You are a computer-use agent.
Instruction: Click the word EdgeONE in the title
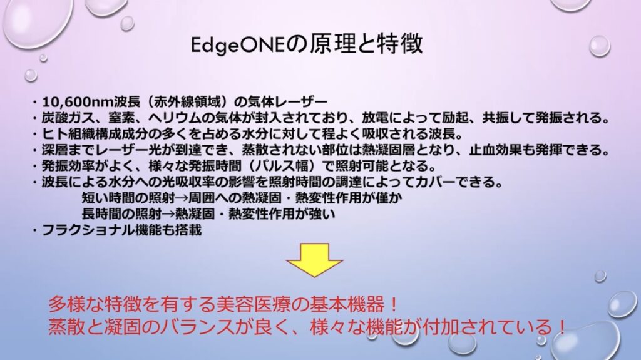pyautogui.click(x=237, y=44)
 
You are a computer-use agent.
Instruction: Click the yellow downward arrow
pyautogui.click(x=314, y=260)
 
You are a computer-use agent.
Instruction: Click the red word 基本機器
pyautogui.click(x=349, y=305)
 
